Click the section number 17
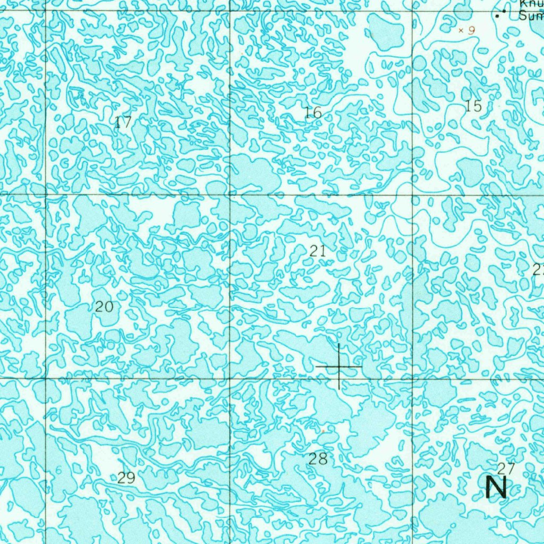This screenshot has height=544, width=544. point(123,123)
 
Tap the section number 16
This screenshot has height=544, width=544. point(313,113)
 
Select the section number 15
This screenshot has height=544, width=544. point(473,106)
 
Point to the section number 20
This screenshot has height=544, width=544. point(104,307)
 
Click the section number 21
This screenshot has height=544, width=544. point(318,251)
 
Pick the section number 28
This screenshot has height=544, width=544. point(318,459)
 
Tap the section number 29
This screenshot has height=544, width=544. point(126,478)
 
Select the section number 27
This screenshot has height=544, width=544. point(506,468)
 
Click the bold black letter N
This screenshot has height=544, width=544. point(496,487)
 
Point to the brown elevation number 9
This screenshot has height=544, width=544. point(471,31)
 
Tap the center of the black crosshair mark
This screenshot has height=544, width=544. point(339,367)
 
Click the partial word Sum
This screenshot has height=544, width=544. point(531,16)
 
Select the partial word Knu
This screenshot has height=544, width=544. point(531,4)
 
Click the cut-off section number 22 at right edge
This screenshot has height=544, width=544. point(538,269)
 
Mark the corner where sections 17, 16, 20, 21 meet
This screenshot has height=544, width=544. point(230,194)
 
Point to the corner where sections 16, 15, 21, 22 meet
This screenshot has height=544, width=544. point(413,194)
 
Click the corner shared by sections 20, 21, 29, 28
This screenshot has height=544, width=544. point(230,378)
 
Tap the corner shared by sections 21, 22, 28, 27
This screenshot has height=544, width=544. point(413,378)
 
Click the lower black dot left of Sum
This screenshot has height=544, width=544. point(498,16)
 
